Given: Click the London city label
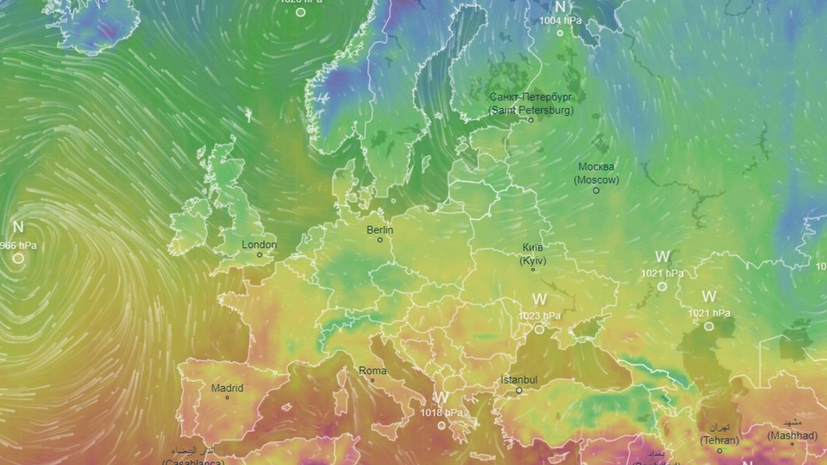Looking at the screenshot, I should tap(259, 245).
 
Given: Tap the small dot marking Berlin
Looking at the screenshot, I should tap(380, 240).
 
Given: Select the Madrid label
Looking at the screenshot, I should tap(227, 388).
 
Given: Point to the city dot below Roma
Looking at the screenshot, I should tap(373, 380).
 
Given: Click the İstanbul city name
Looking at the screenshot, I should tap(519, 380).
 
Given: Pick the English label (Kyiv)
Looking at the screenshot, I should tap(533, 261).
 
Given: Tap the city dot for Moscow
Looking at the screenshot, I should tap(596, 190).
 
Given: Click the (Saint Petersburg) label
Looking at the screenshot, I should tap(531, 110).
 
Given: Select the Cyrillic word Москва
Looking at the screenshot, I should tap(596, 167).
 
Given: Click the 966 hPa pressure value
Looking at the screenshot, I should tap(19, 245).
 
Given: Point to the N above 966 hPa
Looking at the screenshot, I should tap(19, 227).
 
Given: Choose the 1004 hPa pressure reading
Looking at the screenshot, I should tap(560, 21).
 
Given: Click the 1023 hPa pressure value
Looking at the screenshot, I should tap(539, 316).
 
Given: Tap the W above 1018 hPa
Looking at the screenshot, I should tap(441, 398).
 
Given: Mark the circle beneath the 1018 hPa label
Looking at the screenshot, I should tap(442, 425).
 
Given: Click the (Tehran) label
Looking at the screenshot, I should tap(719, 440).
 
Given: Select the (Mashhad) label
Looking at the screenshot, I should tap(793, 435).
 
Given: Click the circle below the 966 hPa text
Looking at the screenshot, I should tap(19, 258).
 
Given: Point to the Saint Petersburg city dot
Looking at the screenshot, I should tap(531, 120).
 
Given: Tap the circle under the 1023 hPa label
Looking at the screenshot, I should tap(539, 329).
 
